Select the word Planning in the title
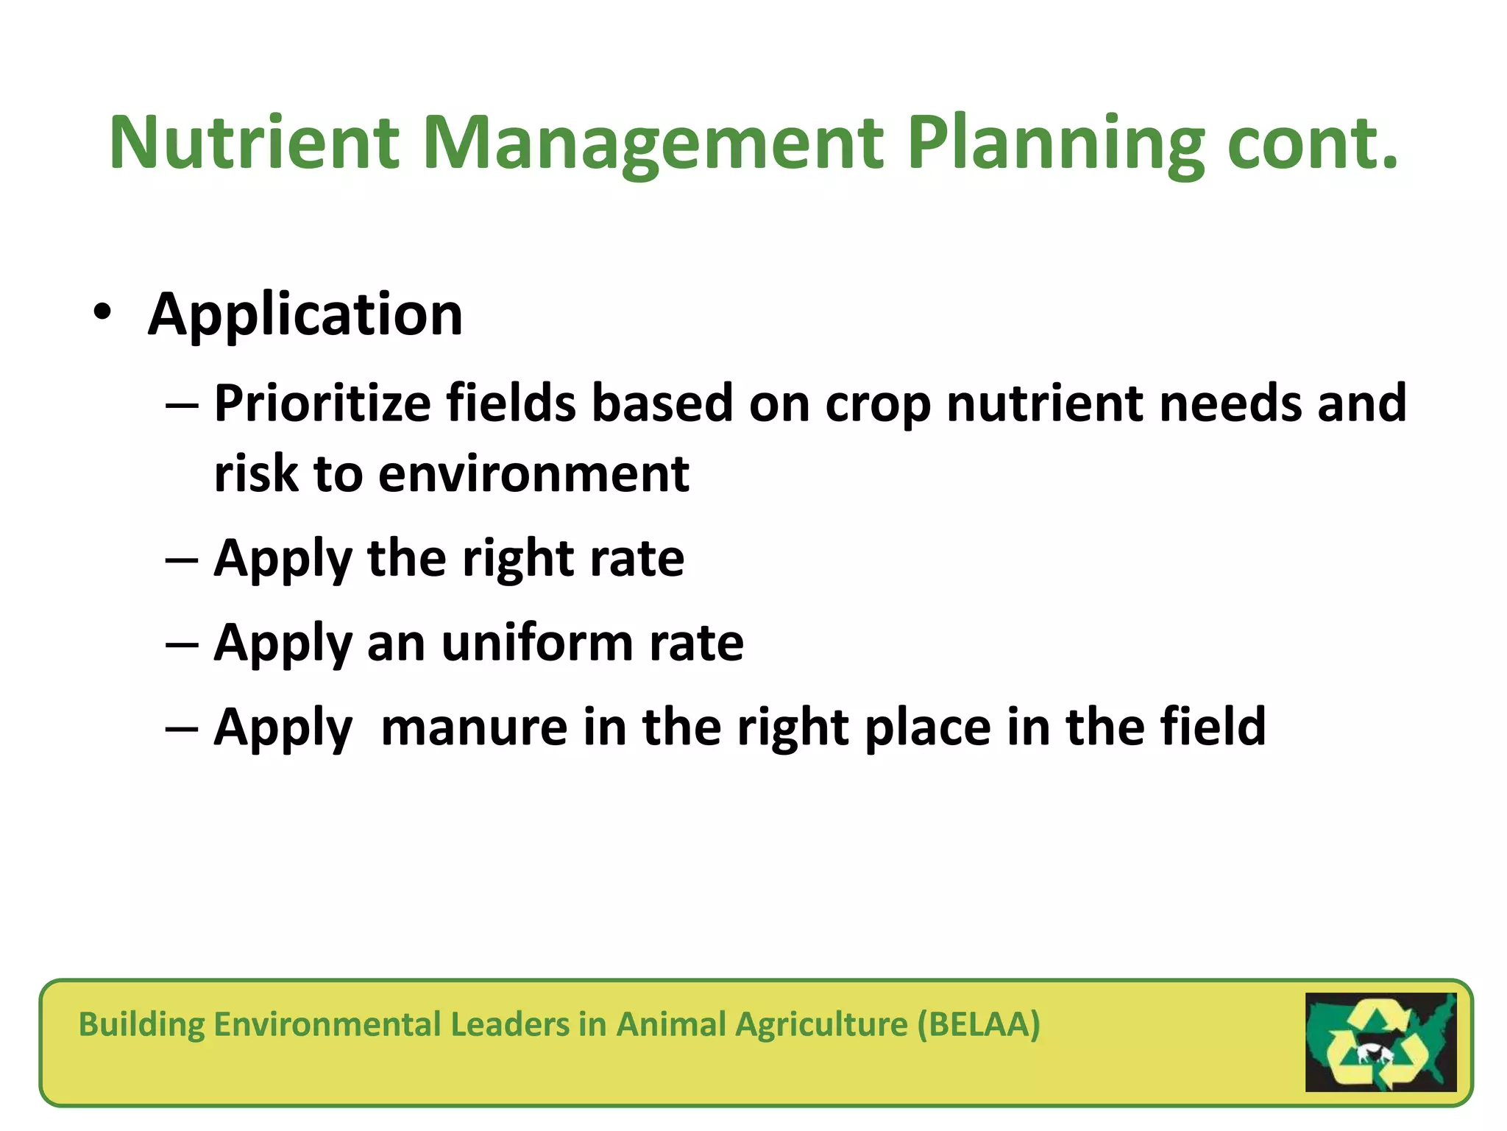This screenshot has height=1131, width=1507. pos(1056,144)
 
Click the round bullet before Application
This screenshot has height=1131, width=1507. pos(102,313)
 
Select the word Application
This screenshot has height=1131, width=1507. pos(305,315)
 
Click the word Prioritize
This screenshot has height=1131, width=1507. pos(322,404)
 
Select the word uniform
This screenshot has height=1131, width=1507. pos(537,642)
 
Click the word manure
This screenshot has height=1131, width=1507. pos(474,727)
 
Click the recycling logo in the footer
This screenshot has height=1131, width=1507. pos(1380,1042)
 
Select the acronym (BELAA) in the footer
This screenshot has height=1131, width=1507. pos(979,1024)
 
